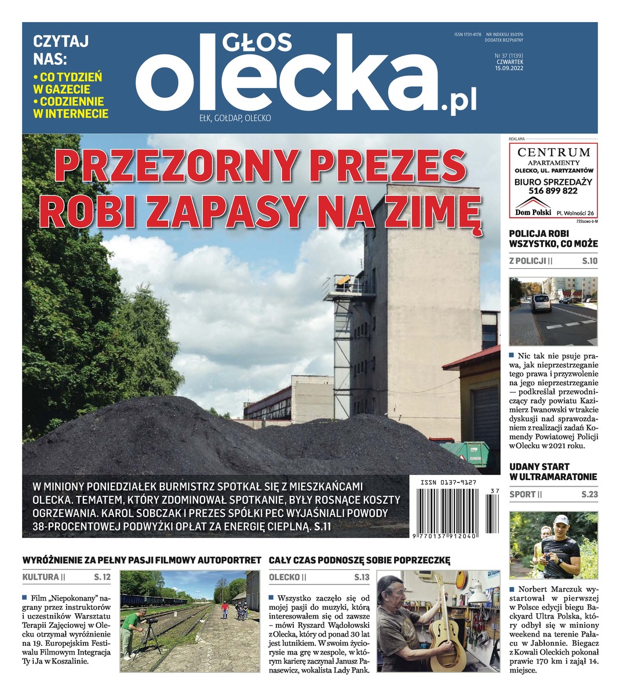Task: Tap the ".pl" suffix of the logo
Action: (x=458, y=101)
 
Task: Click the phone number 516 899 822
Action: (x=553, y=191)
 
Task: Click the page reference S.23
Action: (x=589, y=495)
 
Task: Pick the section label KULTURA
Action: (x=41, y=577)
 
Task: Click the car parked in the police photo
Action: (x=541, y=302)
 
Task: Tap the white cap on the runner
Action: (x=561, y=519)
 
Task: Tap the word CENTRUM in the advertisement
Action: (x=553, y=152)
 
